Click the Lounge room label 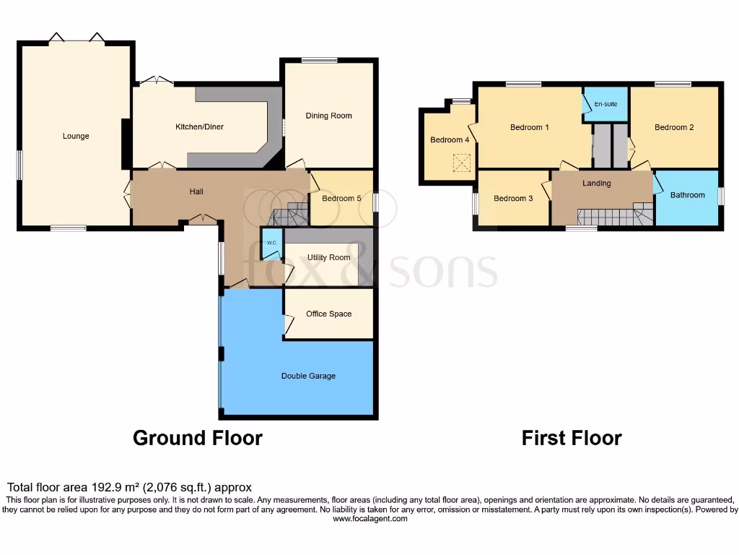click(x=76, y=136)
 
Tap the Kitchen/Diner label click(x=200, y=127)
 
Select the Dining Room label click(x=328, y=116)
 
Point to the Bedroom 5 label click(x=341, y=199)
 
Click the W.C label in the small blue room click(x=271, y=243)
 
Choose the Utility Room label click(x=328, y=257)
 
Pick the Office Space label click(x=328, y=314)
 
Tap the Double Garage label click(x=308, y=376)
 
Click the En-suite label click(x=605, y=105)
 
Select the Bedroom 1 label click(x=530, y=128)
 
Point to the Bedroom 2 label click(x=674, y=127)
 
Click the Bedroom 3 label click(x=513, y=198)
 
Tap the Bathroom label click(x=687, y=195)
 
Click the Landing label click(x=597, y=184)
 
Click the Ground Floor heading click(x=197, y=438)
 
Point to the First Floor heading click(x=572, y=438)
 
